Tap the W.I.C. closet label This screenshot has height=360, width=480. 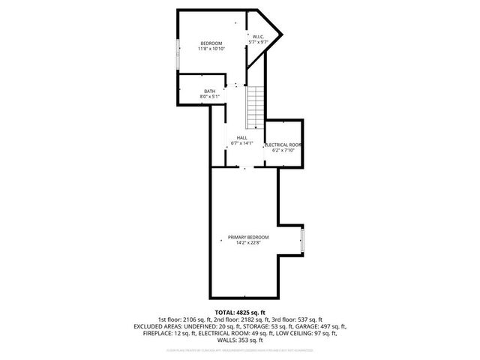coord(257,37)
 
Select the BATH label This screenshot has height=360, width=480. coord(209,91)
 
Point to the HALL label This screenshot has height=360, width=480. coord(241,138)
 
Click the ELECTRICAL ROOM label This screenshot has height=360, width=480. coord(283,144)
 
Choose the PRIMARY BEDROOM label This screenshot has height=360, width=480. coord(248,237)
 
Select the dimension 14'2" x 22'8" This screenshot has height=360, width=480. coord(248,242)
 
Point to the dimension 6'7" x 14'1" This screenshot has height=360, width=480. coord(241,143)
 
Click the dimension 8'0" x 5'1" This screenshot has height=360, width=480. coord(209,97)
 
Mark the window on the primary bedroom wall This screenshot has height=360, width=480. coord(301,241)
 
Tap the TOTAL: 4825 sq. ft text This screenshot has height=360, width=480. coord(240,312)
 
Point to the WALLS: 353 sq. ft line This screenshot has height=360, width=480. coord(240,341)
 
